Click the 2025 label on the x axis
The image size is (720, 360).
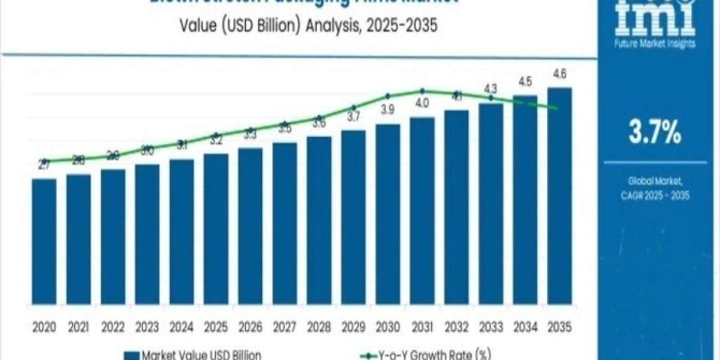click(x=215, y=327)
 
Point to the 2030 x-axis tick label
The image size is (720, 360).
click(x=388, y=327)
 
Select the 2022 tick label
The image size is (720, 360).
click(x=113, y=327)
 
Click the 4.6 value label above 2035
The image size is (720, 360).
click(x=559, y=74)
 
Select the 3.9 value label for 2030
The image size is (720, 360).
click(x=388, y=110)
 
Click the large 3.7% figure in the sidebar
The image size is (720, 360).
click(x=655, y=133)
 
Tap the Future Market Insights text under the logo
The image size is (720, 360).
click(x=655, y=43)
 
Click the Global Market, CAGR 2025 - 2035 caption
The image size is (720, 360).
click(x=655, y=187)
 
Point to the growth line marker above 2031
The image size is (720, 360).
click(x=422, y=91)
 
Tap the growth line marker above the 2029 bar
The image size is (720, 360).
click(x=353, y=108)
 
